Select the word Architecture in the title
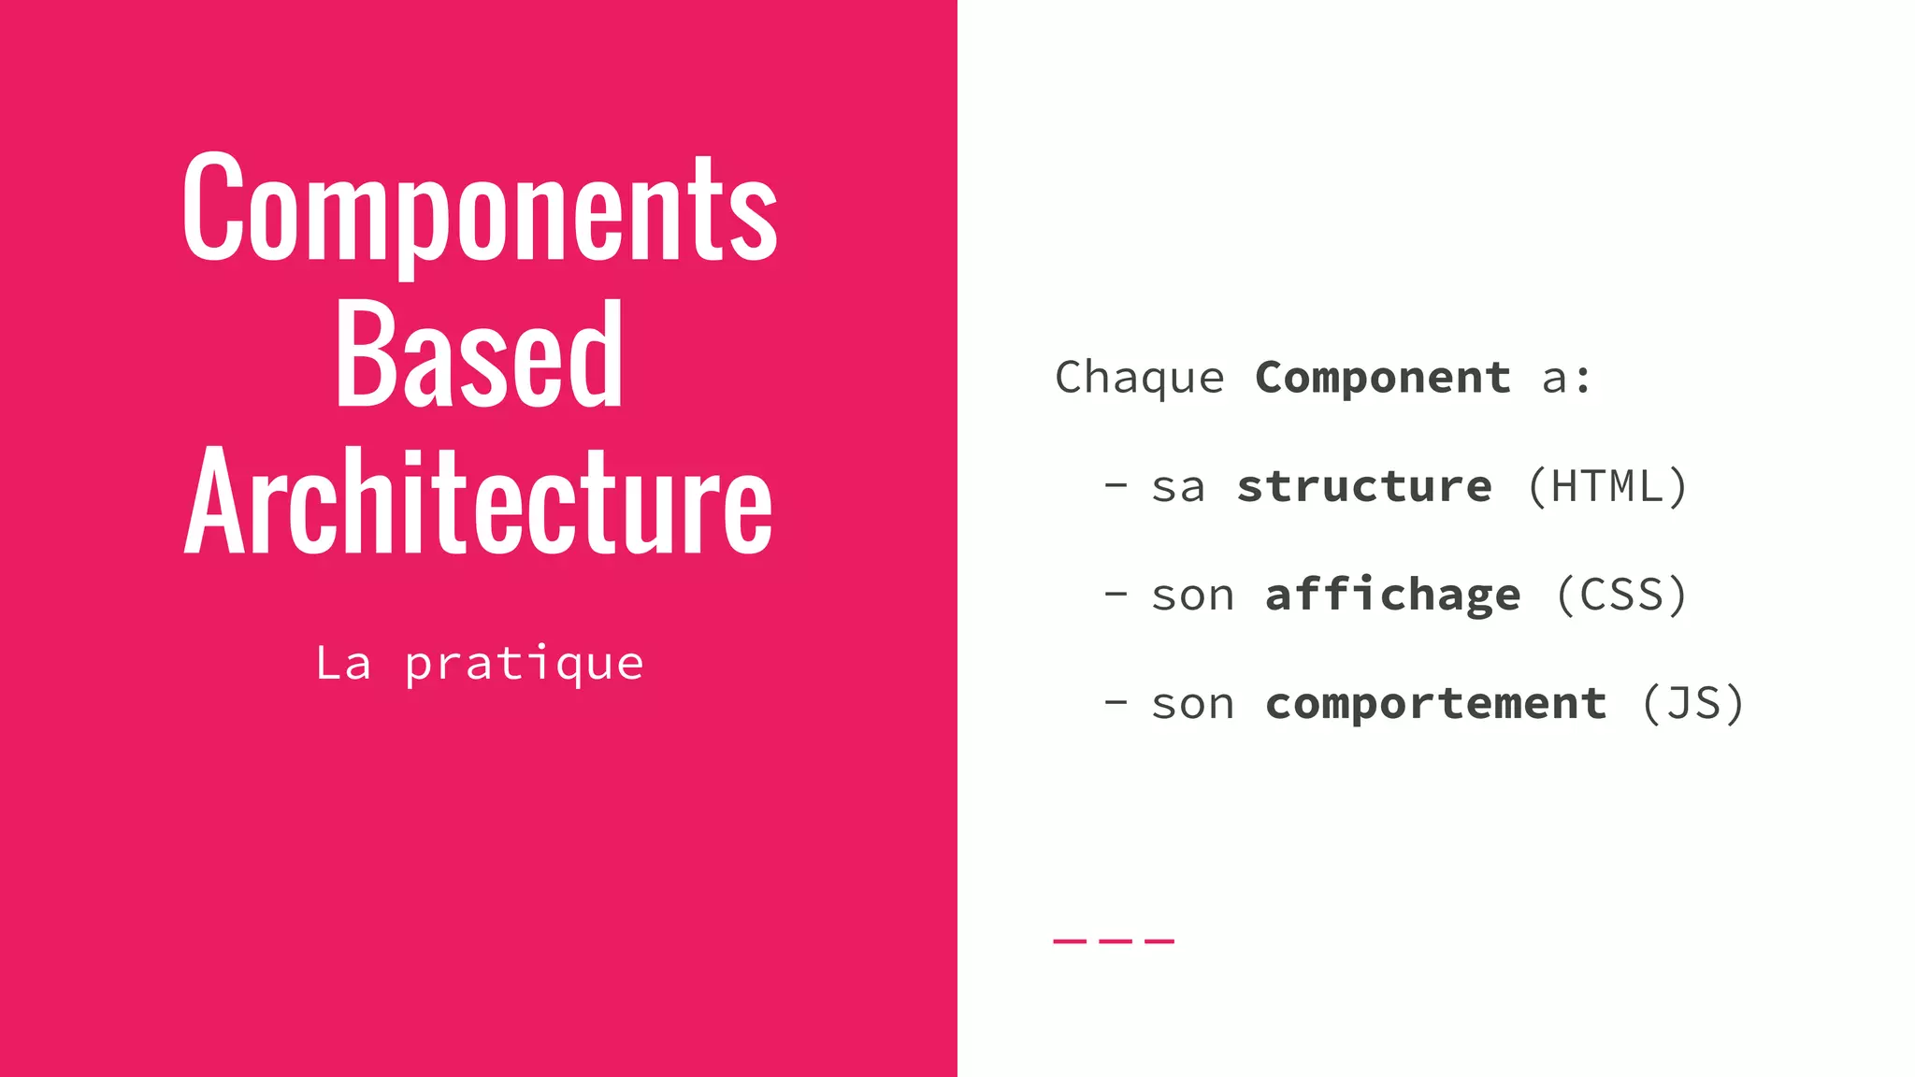coord(479,502)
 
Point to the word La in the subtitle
coord(343,664)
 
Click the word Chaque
coord(1139,379)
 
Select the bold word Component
coord(1382,378)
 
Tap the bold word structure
coord(1364,486)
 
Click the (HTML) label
coord(1607,486)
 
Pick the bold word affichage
coord(1392,596)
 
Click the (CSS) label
coord(1621,596)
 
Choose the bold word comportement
coord(1435,704)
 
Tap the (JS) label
coord(1692,704)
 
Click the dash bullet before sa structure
coord(1116,484)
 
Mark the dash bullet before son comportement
coord(1116,701)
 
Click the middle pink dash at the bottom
coord(1114,941)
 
